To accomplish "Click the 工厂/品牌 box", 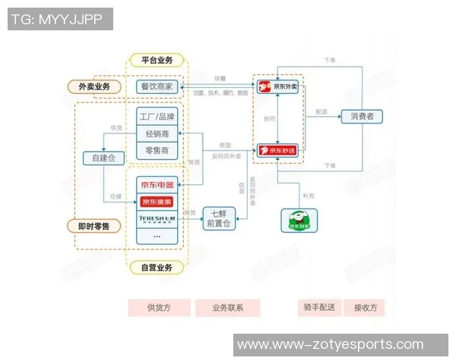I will click(157, 117).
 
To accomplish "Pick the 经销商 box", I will click(157, 134).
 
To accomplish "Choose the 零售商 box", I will click(157, 152).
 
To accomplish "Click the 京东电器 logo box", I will click(157, 184).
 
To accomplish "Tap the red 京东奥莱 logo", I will click(157, 202).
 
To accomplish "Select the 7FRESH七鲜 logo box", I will click(157, 220).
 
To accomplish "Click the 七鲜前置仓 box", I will click(219, 218).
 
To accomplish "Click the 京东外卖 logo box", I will click(278, 86).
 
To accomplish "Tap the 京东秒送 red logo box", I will click(278, 150).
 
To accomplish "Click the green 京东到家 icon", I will click(300, 220).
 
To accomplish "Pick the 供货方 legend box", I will click(159, 308).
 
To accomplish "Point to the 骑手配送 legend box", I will click(318, 308).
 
